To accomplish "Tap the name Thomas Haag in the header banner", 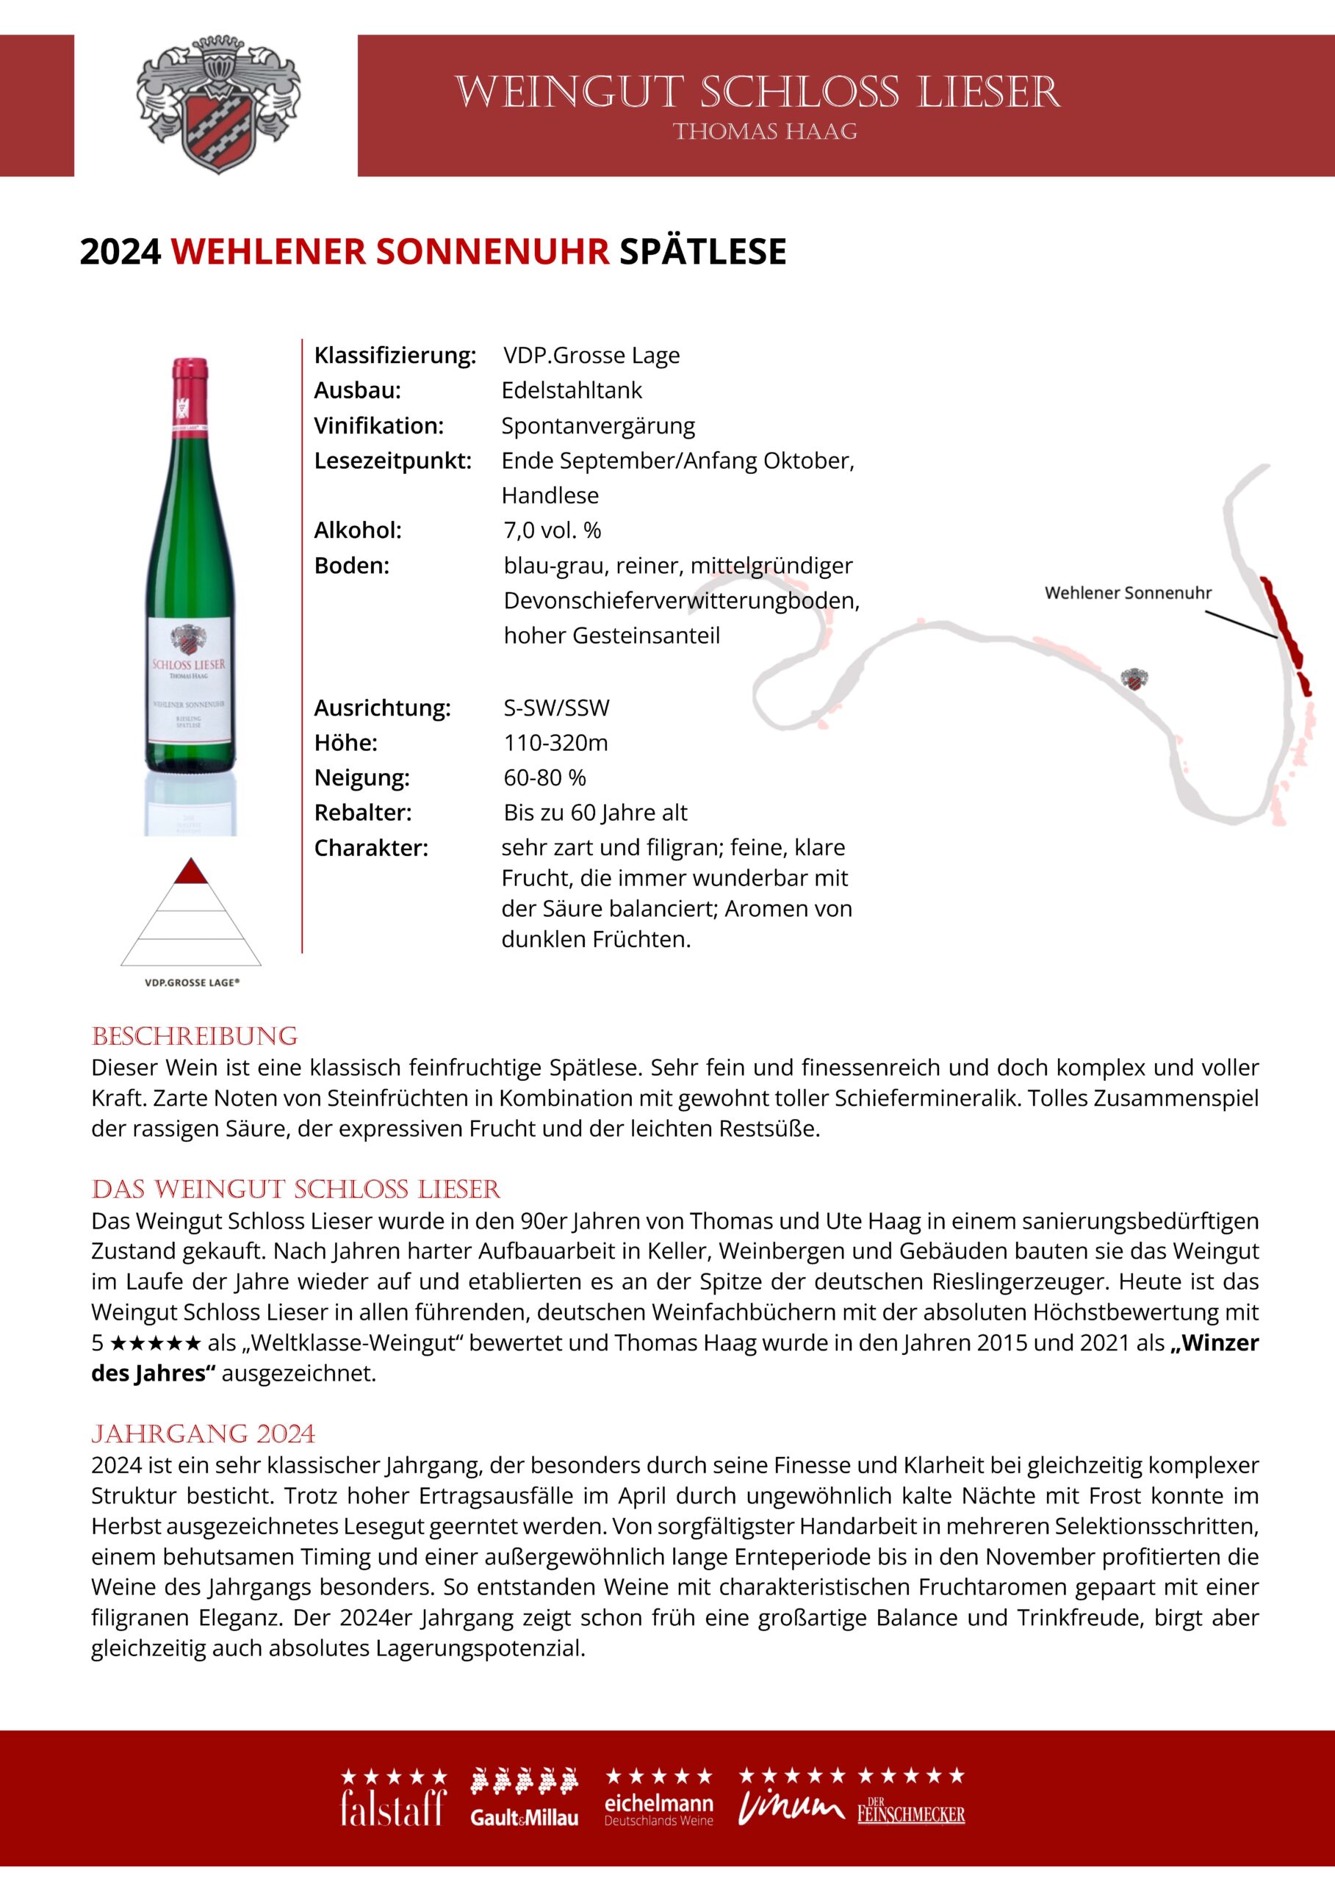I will (765, 132).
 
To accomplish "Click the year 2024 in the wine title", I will (120, 251).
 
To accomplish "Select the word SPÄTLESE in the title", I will (703, 251).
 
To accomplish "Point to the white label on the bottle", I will (189, 674).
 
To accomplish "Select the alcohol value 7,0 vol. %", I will (553, 531).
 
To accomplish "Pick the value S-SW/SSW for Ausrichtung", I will (556, 708).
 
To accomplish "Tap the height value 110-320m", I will (555, 743).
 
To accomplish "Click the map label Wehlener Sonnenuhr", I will (1128, 593).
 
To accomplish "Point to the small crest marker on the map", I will (1134, 679).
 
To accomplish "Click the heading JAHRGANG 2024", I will (203, 1434).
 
